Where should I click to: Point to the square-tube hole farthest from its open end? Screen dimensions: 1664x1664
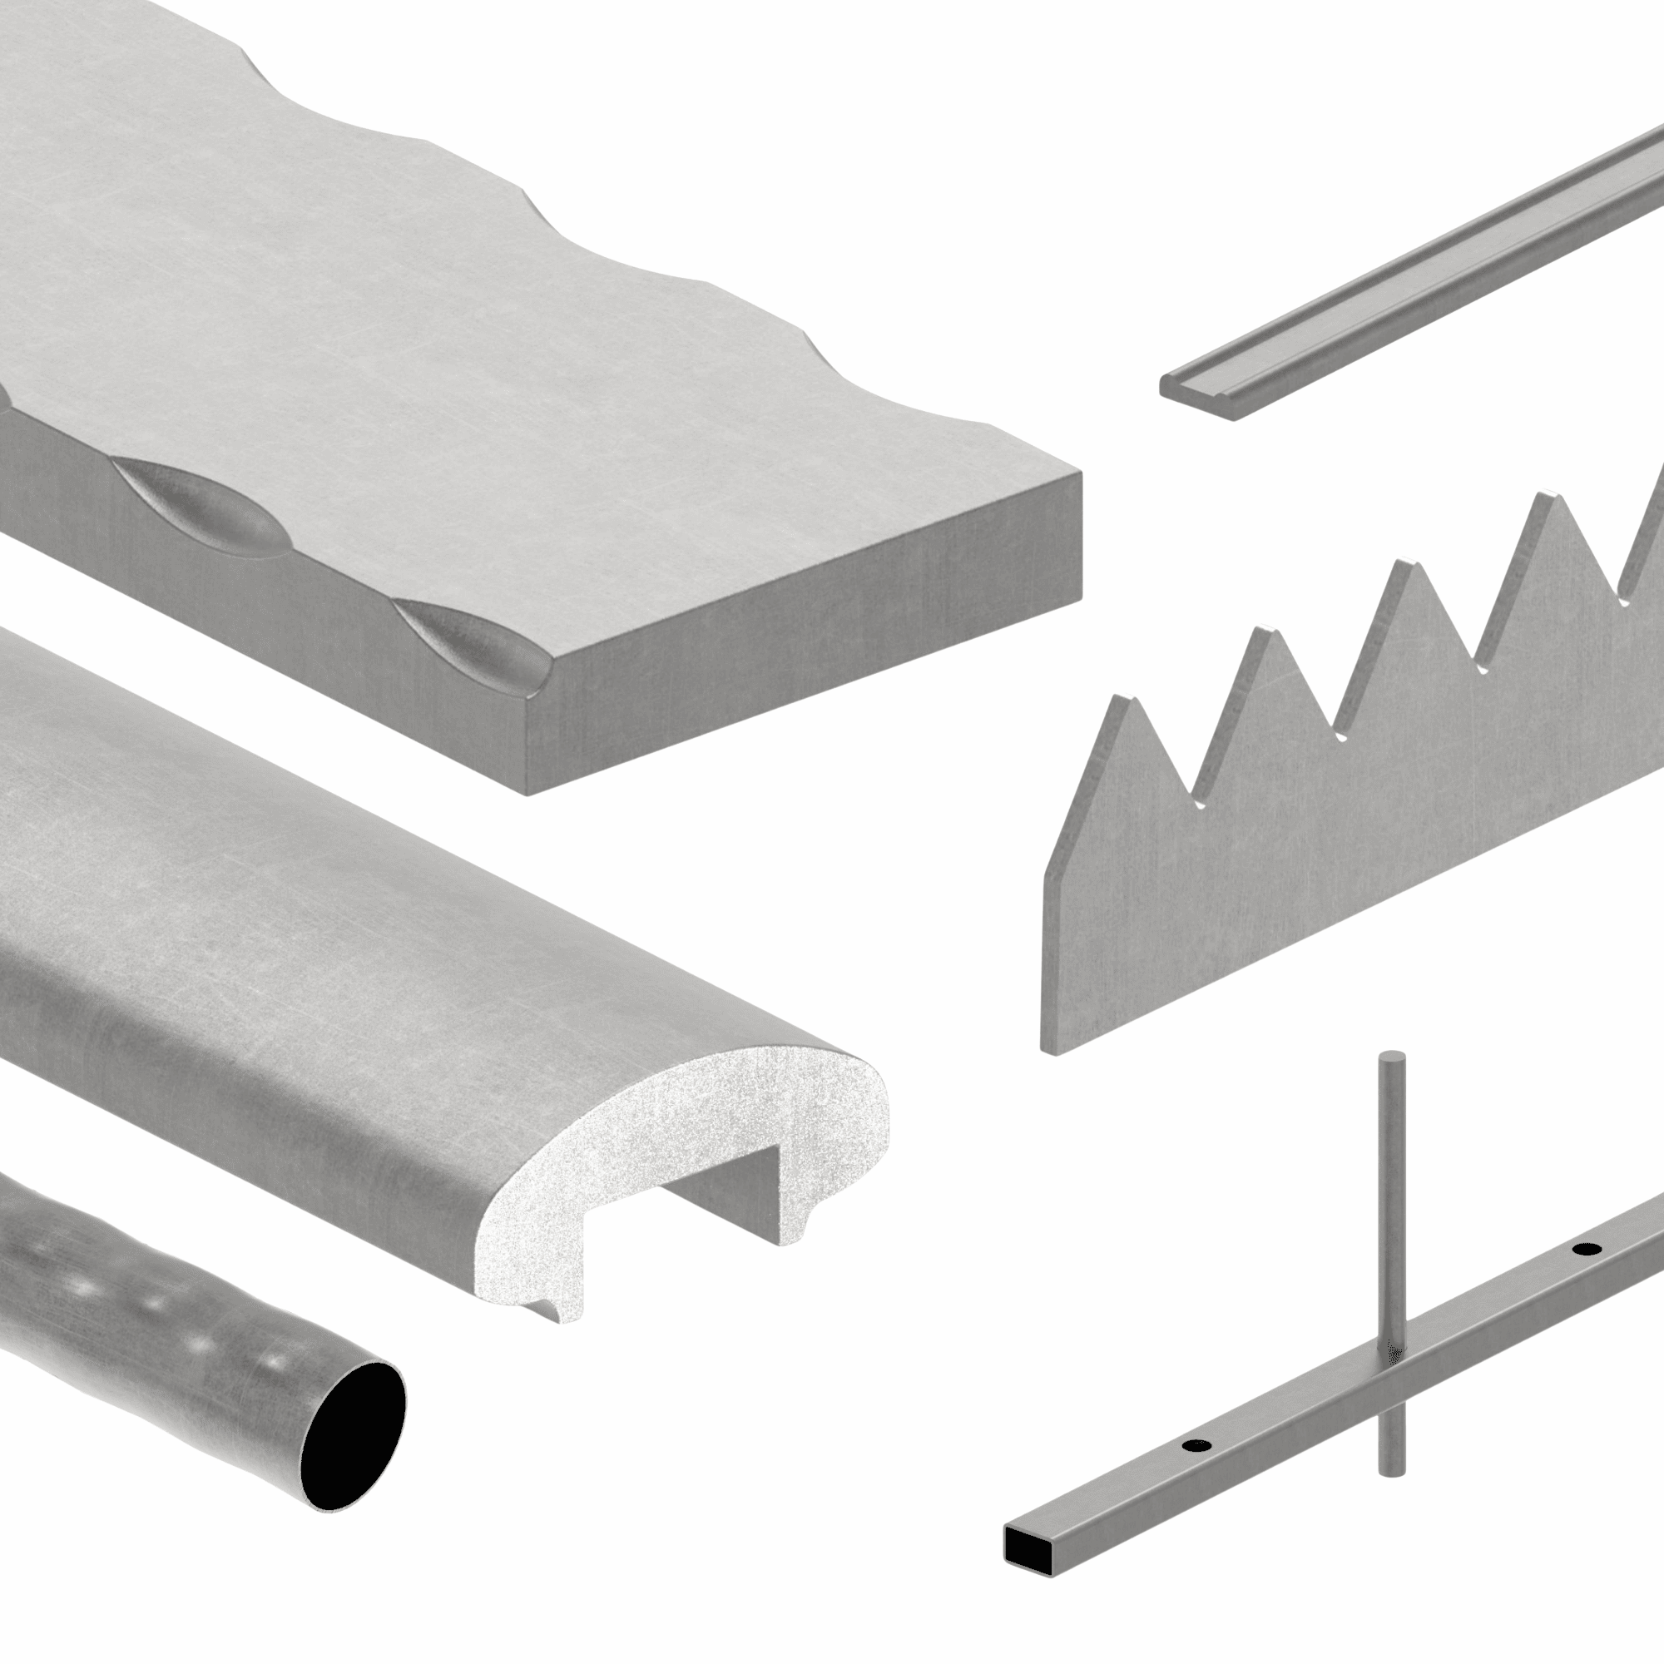[x=1585, y=1273]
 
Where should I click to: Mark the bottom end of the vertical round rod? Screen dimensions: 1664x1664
[x=1392, y=1470]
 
